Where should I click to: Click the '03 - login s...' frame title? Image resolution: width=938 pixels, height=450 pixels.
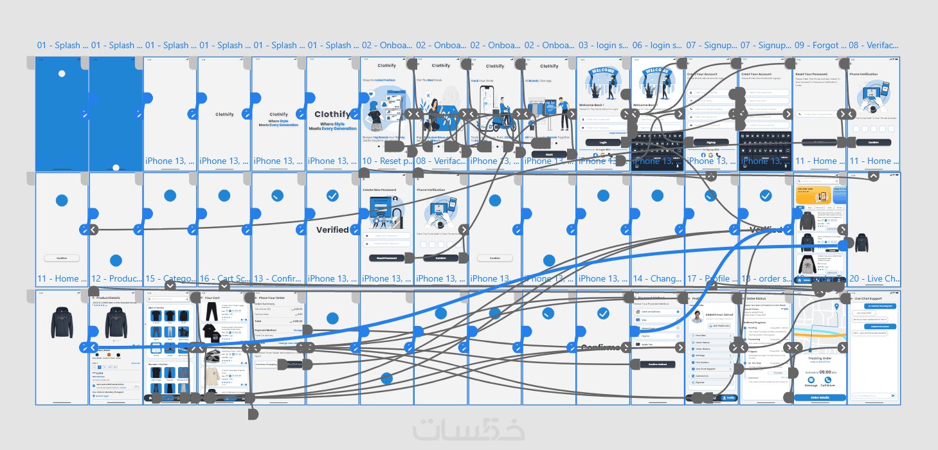tap(603, 46)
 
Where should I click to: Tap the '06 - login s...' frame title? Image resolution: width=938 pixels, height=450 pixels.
tap(657, 46)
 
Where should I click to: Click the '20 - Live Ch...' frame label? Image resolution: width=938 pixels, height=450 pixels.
tap(874, 278)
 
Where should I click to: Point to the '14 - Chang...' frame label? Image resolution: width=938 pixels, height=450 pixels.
tap(657, 278)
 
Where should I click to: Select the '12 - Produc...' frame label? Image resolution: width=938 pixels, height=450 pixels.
tap(116, 278)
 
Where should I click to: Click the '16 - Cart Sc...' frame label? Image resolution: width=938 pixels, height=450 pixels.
tap(224, 278)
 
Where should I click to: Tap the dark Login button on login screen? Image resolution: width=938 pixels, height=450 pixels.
tap(603, 143)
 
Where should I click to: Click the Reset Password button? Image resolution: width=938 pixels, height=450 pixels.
tap(386, 258)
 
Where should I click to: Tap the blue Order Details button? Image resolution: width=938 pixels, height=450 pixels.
tap(820, 398)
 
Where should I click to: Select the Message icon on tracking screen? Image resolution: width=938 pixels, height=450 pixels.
tap(811, 380)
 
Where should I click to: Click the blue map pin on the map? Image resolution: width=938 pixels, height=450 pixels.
tap(836, 307)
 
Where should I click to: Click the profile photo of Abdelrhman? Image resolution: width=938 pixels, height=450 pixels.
tap(696, 316)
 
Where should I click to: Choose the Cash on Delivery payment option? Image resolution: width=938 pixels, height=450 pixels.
tap(657, 312)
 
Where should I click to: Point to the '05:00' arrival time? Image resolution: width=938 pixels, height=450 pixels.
tap(821, 372)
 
